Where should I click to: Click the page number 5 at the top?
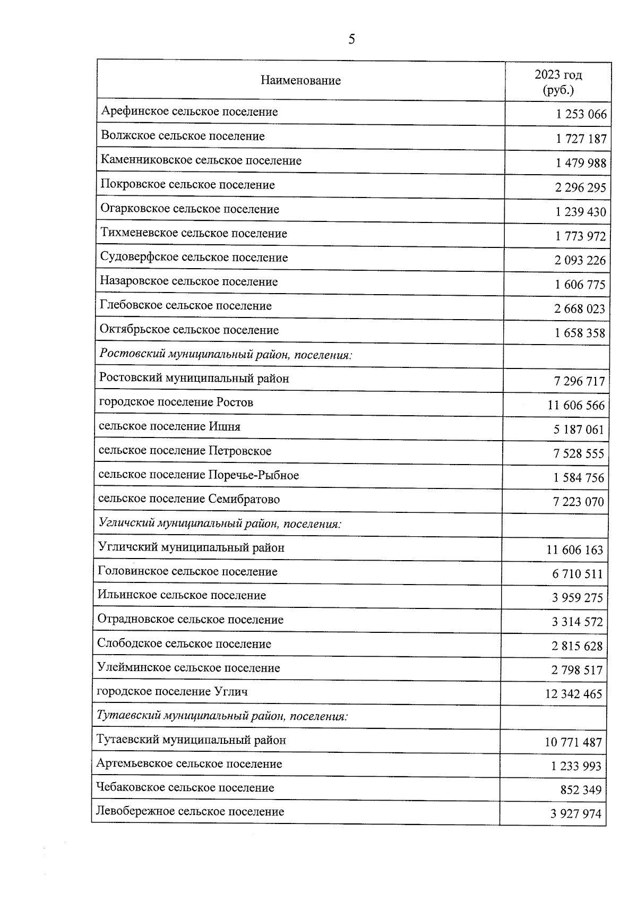tap(351, 39)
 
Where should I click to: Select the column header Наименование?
tap(300, 81)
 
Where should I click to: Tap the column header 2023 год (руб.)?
tap(558, 82)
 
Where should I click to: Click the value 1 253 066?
tap(581, 115)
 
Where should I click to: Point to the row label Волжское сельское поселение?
tap(183, 136)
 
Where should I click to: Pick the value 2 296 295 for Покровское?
tap(580, 188)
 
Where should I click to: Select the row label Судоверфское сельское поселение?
tap(194, 258)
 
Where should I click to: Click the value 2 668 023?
tap(580, 309)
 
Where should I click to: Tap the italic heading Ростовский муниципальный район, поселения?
tap(226, 354)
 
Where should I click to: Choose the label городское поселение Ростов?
tap(176, 402)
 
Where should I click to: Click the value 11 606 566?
tap(576, 406)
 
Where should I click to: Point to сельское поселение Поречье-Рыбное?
tap(199, 475)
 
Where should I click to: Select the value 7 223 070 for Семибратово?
tap(578, 502)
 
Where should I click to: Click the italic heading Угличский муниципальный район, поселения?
tap(220, 524)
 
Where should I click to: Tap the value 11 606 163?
tap(575, 551)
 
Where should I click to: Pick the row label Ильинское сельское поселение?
tap(182, 595)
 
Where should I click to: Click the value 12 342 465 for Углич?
tap(573, 694)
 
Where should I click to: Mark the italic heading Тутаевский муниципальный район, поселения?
tap(222, 716)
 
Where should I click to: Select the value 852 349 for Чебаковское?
tap(581, 791)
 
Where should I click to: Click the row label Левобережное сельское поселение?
tap(190, 811)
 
